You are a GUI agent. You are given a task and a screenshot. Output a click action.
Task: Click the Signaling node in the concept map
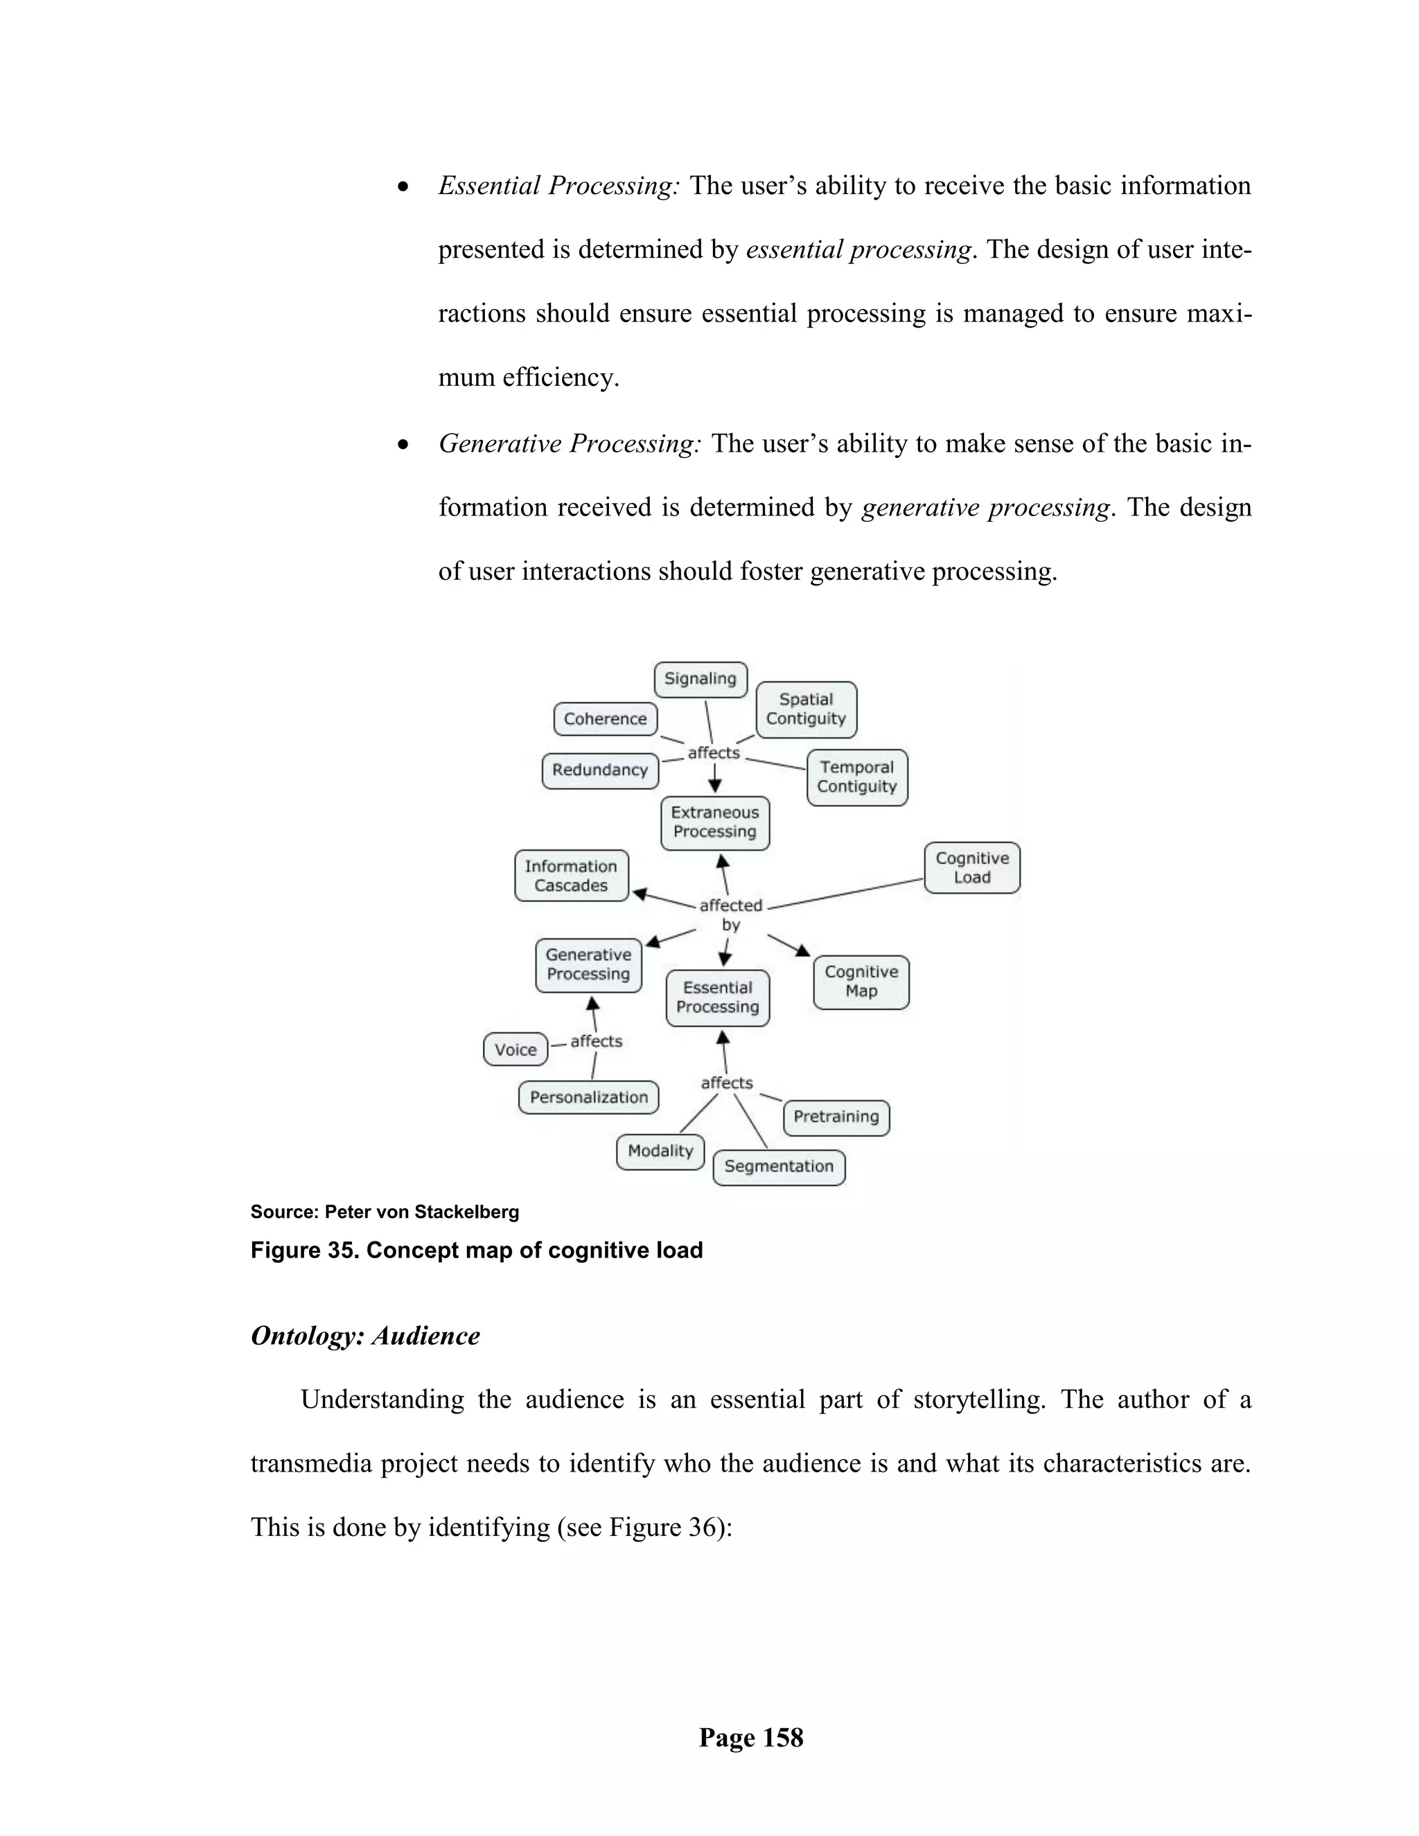[x=700, y=679]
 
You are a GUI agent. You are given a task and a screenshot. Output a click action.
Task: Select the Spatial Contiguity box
[x=807, y=709]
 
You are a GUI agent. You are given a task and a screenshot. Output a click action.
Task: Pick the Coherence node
[x=606, y=718]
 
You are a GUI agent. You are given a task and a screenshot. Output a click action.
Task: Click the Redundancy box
[x=599, y=770]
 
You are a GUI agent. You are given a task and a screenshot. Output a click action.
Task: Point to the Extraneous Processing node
[x=714, y=822]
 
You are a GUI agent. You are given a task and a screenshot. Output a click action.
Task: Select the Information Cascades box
[x=571, y=876]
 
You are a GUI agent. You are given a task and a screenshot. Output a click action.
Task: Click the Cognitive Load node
[x=972, y=867]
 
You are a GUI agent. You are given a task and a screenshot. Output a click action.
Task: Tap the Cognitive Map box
[x=861, y=981]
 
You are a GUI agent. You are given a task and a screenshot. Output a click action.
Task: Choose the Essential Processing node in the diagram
[x=717, y=998]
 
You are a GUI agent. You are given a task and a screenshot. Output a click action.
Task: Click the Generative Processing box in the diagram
[x=588, y=965]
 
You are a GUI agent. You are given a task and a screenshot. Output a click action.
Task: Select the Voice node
[x=515, y=1050]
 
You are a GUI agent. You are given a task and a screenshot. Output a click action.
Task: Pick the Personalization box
[x=588, y=1097]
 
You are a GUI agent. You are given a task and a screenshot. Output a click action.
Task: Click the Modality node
[x=660, y=1151]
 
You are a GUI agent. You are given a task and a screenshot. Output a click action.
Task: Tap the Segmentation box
[x=778, y=1167]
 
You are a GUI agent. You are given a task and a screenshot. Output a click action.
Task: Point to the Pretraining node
[x=836, y=1118]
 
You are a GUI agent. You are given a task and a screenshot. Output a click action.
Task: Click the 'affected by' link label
[x=730, y=915]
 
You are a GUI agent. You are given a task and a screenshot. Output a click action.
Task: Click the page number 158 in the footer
[x=750, y=1738]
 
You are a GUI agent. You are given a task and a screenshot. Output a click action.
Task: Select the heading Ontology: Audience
[x=365, y=1336]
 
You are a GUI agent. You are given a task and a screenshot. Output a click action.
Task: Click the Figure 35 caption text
[x=476, y=1250]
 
